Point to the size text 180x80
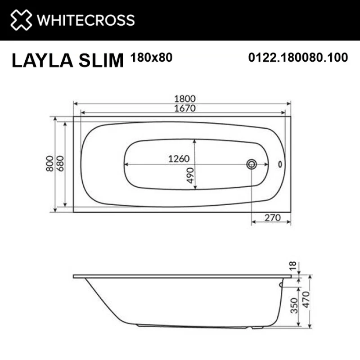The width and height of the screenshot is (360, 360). (151, 57)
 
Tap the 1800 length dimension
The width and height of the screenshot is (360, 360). (182, 99)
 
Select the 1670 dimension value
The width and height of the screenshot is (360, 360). (182, 108)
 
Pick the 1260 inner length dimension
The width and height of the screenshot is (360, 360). (179, 158)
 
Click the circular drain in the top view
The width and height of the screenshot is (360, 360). (251, 164)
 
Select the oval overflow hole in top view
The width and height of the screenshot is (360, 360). (280, 165)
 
